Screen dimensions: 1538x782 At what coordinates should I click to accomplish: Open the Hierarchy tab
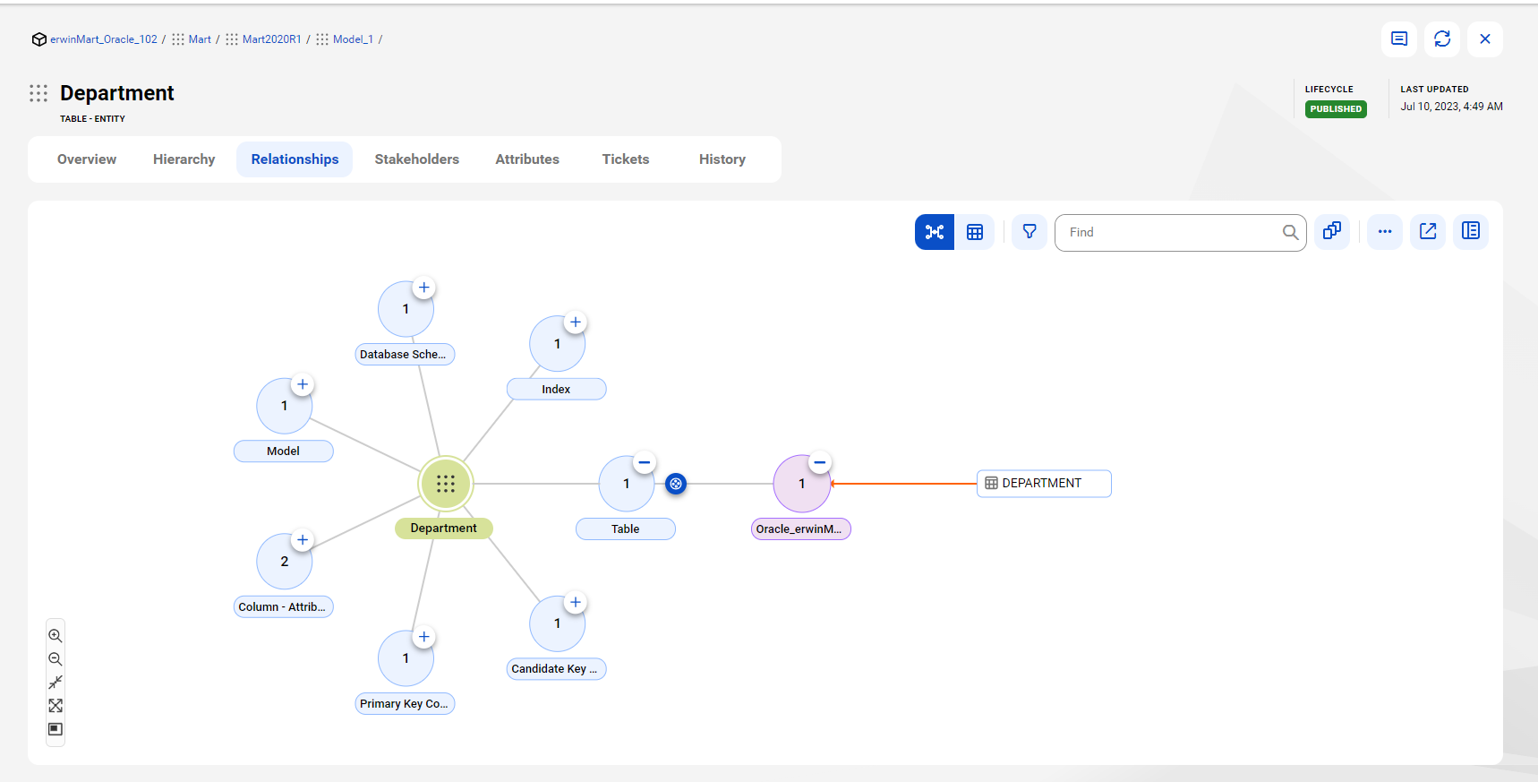tap(184, 159)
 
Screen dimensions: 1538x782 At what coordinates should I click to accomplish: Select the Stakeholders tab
tap(416, 159)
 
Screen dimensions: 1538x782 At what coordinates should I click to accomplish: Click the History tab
tap(722, 159)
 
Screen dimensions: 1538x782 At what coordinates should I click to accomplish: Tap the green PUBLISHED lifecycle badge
tap(1336, 109)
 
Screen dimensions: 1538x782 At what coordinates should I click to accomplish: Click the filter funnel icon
tap(1030, 232)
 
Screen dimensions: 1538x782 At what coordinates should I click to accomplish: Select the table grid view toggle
tap(975, 232)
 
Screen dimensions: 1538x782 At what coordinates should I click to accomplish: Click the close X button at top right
tap(1485, 39)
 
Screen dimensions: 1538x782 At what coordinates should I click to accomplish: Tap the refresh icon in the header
tap(1442, 39)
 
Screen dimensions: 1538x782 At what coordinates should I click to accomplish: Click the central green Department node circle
tap(446, 484)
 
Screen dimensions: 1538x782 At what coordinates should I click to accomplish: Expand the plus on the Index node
tap(576, 322)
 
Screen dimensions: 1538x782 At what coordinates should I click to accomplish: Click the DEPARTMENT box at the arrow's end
tap(1044, 484)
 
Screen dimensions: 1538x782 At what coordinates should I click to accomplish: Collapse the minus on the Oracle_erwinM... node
tap(819, 463)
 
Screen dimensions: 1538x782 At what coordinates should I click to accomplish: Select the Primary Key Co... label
tap(405, 704)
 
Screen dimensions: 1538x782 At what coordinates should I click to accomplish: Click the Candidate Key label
tap(556, 669)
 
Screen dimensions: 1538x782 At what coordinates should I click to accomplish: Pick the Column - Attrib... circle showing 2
tap(285, 562)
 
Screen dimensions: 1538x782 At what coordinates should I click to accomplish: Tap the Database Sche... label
tap(405, 355)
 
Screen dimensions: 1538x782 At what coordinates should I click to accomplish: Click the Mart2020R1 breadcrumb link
tap(271, 39)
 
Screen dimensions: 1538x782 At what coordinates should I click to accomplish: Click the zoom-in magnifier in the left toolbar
tap(56, 636)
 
